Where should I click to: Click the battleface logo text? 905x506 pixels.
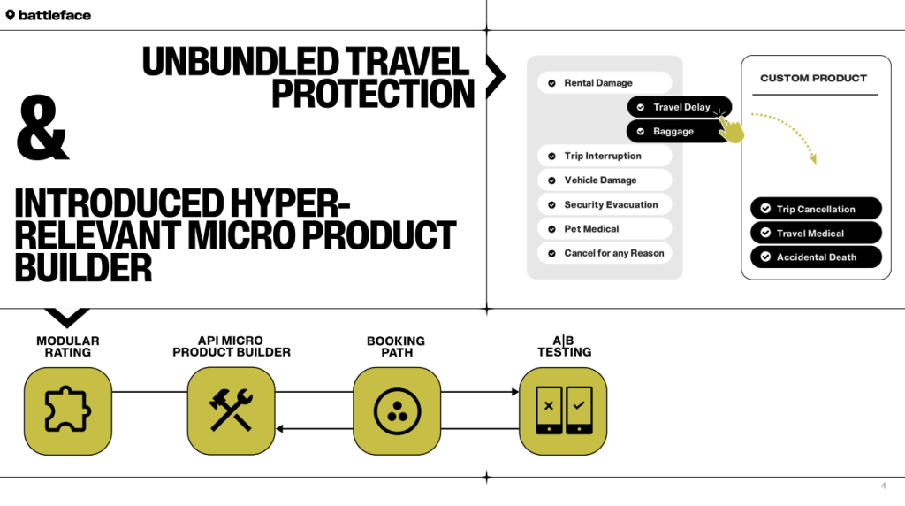coord(54,15)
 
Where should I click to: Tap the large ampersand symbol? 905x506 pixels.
coord(42,129)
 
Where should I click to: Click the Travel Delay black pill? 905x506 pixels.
coord(680,107)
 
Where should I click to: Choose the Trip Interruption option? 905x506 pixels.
coord(605,156)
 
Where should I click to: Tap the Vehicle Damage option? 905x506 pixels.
coord(605,180)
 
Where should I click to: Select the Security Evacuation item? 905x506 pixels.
coord(605,204)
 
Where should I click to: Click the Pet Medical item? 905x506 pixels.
coord(605,229)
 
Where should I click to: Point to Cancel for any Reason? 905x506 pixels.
coord(605,253)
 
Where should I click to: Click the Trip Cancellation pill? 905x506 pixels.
coord(816,210)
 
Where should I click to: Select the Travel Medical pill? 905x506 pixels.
coord(816,234)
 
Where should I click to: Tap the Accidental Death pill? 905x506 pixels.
coord(816,257)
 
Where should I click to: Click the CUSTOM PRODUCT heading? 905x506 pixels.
coord(813,79)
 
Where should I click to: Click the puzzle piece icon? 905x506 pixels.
coord(68,411)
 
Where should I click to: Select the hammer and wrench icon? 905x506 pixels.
coord(232,411)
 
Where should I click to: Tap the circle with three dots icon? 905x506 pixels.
coord(397,411)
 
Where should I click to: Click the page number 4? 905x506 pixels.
coord(883,486)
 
